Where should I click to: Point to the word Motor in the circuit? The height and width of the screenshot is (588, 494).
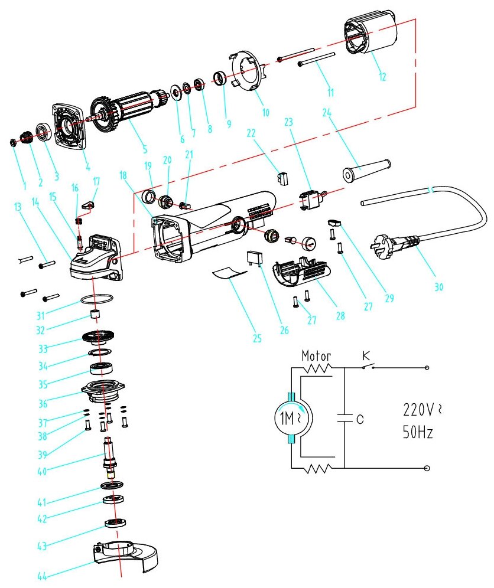316,357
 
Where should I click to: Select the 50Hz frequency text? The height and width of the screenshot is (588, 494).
418,432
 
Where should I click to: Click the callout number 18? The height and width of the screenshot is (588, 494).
122,176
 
